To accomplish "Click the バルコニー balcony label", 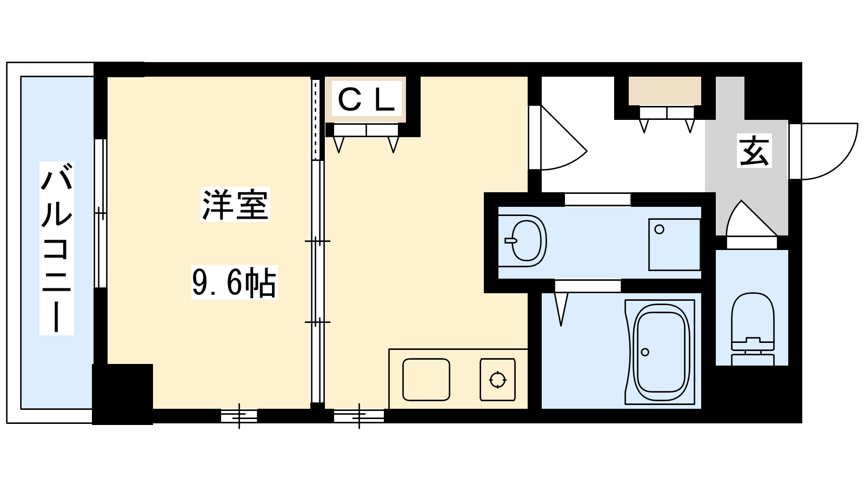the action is pyautogui.click(x=56, y=248).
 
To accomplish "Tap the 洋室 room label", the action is pyautogui.click(x=235, y=205).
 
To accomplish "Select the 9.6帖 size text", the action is pyautogui.click(x=235, y=282).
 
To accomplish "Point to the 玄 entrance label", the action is pyautogui.click(x=755, y=151).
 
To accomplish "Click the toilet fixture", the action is pyautogui.click(x=753, y=329).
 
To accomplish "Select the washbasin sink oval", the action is pyautogui.click(x=525, y=241).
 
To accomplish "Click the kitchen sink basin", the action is pyautogui.click(x=426, y=380).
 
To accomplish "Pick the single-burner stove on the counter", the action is pyautogui.click(x=498, y=380).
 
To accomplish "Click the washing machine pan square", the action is pyautogui.click(x=674, y=245).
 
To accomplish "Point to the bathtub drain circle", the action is pyautogui.click(x=645, y=352).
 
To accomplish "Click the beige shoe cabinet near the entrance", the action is pyautogui.click(x=665, y=91).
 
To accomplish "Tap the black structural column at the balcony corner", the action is pyautogui.click(x=122, y=394).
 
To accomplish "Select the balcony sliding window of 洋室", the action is pyautogui.click(x=101, y=213).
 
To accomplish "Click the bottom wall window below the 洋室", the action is pyautogui.click(x=239, y=416).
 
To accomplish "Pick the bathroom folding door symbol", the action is pyautogui.click(x=561, y=308).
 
